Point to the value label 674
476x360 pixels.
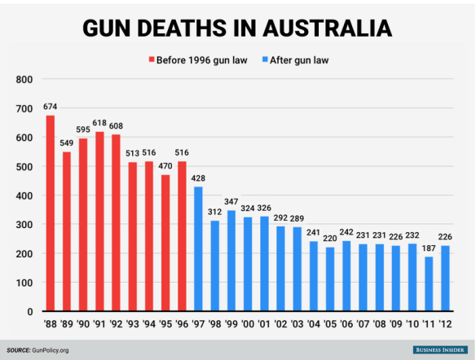click(51, 107)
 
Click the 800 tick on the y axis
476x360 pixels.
click(24, 80)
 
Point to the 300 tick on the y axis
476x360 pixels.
click(24, 225)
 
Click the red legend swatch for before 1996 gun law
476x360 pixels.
click(151, 59)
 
